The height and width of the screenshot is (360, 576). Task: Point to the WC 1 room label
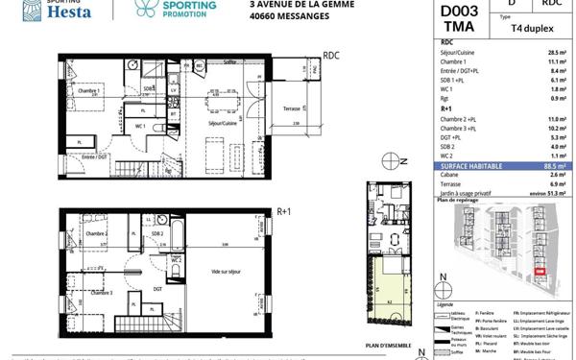[140, 127]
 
